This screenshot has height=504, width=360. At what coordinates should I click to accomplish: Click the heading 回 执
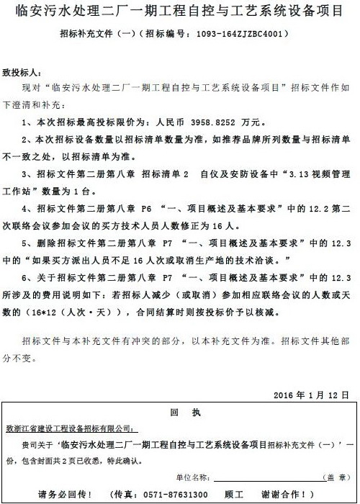coord(179,413)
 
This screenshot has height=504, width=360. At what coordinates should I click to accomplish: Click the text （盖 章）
coord(332,477)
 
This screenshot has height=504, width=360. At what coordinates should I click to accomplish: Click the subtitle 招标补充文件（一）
coord(92,33)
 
